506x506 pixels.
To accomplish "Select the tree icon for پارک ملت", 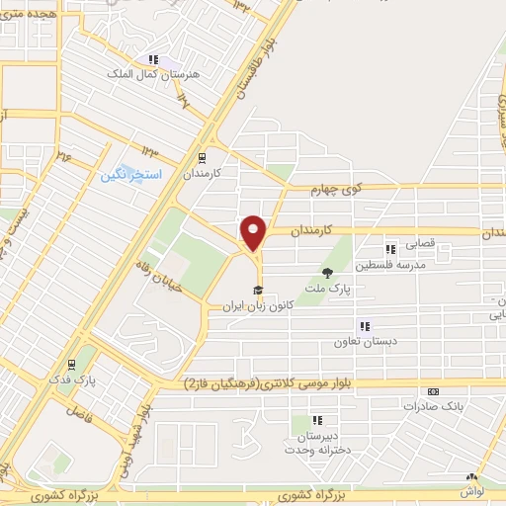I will click(x=328, y=272).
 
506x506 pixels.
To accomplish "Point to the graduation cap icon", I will click(x=258, y=290).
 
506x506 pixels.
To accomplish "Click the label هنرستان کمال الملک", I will click(x=152, y=73).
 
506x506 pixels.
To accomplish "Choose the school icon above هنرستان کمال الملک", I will click(x=152, y=59).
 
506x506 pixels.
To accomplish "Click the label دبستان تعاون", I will click(x=364, y=339).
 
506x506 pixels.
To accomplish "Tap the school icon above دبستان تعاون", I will click(x=364, y=325).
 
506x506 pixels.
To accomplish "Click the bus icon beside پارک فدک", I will click(x=73, y=364).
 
